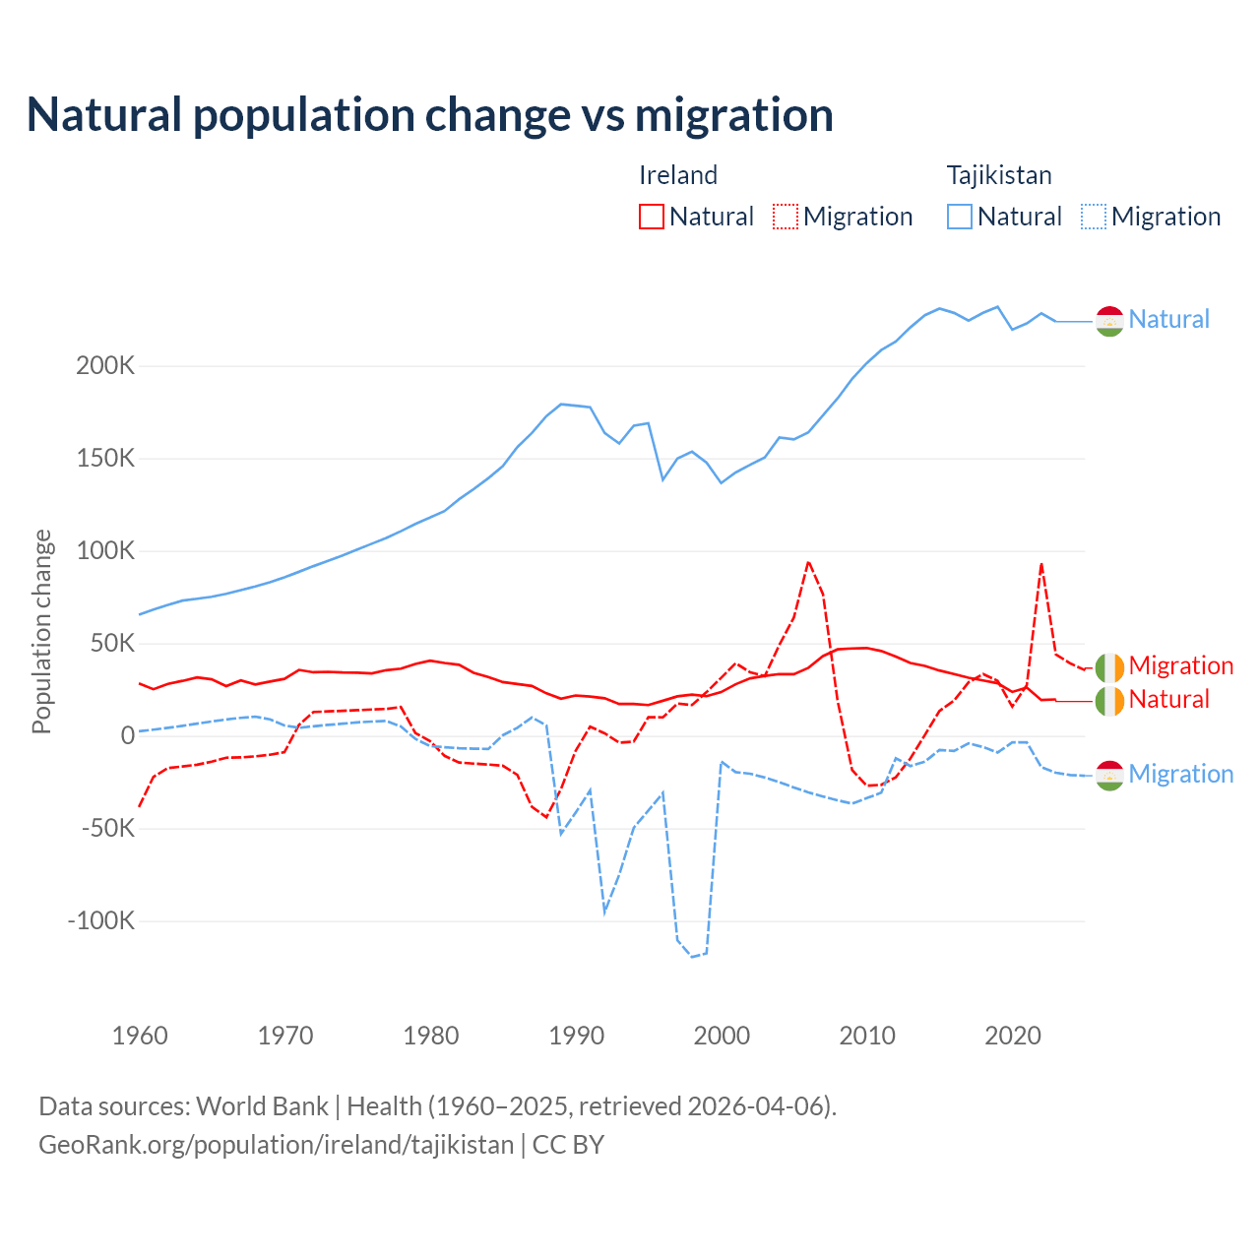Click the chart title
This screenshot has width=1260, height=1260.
[x=430, y=114]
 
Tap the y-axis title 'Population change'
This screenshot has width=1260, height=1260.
[x=41, y=631]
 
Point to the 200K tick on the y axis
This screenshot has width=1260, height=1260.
[x=105, y=366]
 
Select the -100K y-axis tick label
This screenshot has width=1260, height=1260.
[x=100, y=921]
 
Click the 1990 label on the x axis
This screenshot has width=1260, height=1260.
[x=576, y=1036]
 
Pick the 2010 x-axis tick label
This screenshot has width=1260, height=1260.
[x=867, y=1036]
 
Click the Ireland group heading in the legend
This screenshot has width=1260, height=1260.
[x=678, y=175]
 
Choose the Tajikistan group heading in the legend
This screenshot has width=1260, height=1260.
[x=999, y=175]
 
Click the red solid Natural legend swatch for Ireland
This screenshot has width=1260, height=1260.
[x=652, y=217]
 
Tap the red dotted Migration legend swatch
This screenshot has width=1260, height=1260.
[x=786, y=217]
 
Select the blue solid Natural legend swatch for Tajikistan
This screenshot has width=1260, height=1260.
[x=960, y=217]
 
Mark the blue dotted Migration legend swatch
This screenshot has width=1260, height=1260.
[x=1094, y=217]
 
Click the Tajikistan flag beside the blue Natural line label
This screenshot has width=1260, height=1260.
[x=1109, y=320]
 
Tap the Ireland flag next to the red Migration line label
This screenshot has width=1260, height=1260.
[x=1109, y=666]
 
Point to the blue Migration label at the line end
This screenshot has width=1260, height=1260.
[x=1181, y=774]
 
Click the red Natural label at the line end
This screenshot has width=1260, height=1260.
[x=1169, y=699]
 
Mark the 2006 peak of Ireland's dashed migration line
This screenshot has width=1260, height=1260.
[x=808, y=562]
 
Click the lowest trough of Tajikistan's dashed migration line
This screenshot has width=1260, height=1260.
[x=692, y=957]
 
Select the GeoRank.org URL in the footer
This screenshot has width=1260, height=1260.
[x=276, y=1145]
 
